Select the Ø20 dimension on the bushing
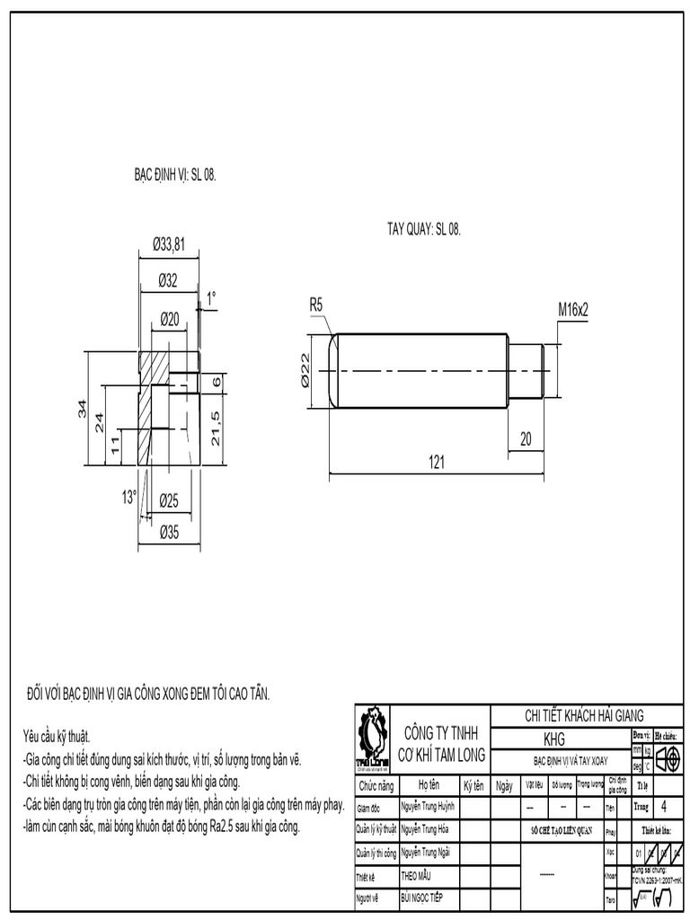pos(169,318)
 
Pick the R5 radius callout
pos(316,305)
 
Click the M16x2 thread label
pos(572,309)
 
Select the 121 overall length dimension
pos(436,462)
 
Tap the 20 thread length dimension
pos(526,438)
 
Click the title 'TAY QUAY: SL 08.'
pos(423,230)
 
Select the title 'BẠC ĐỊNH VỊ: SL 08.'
pos(175,176)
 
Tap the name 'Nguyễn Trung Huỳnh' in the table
pos(428,807)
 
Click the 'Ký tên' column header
pos(473,784)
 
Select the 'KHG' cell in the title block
pos(554,739)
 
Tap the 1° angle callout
pos(211,296)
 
